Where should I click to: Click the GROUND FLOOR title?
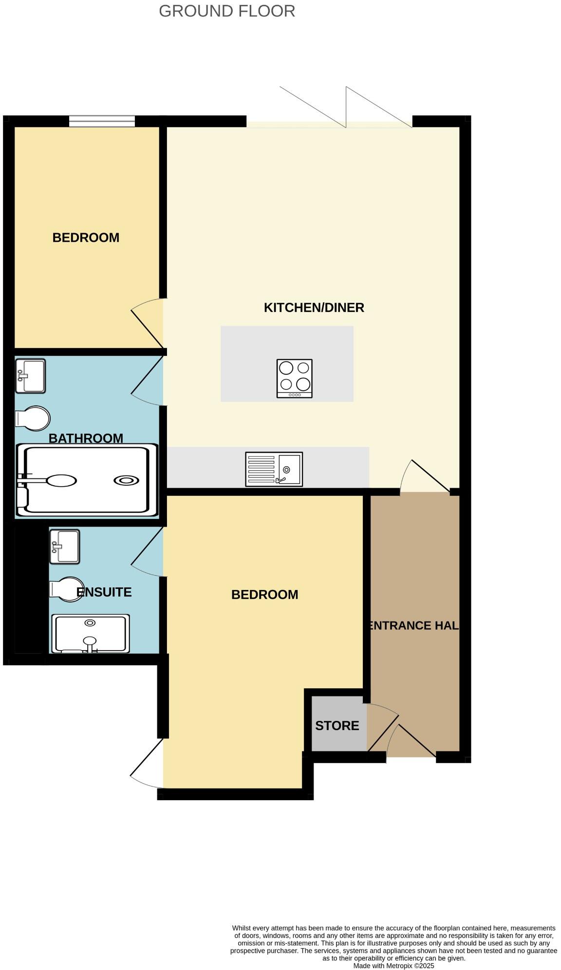coord(227,11)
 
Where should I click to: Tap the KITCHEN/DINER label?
coord(314,308)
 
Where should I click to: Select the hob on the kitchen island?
coord(294,378)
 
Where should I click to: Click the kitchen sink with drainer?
coord(274,469)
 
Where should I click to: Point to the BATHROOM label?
coord(86,438)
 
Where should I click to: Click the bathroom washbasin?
coord(30,376)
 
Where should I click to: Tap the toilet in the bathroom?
coord(33,419)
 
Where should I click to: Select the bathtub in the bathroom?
coord(87,480)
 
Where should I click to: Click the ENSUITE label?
coord(104,592)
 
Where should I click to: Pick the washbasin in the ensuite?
coord(65,547)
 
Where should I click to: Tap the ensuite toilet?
coord(67,589)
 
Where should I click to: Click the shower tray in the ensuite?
coord(91,633)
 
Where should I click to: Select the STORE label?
coord(337,726)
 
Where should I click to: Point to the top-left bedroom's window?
coord(102,121)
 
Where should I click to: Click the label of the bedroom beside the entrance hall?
coord(264,594)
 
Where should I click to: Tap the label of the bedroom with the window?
coord(86,238)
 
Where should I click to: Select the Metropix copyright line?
coord(393,966)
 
